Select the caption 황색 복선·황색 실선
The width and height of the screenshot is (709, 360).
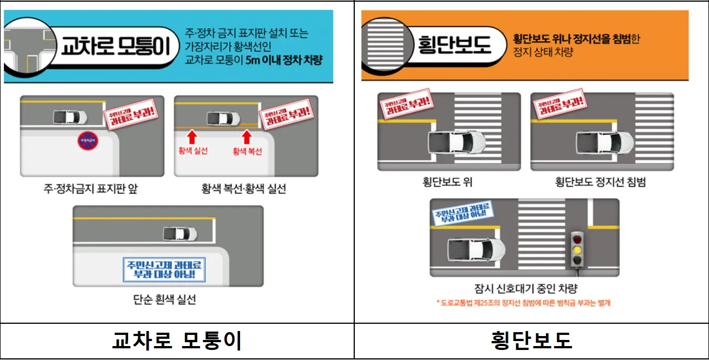pos(244,188)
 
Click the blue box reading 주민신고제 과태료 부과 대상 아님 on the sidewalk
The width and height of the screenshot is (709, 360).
pos(164,269)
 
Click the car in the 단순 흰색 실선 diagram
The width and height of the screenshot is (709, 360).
pos(180,233)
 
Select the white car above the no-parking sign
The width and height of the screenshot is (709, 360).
pos(70,118)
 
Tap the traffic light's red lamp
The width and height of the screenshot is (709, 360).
pos(577,239)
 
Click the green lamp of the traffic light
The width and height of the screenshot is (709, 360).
pos(577,260)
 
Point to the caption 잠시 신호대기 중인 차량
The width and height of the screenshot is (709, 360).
pos(525,288)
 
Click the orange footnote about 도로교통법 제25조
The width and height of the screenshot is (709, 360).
pos(524,303)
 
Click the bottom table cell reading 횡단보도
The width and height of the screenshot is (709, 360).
pos(531,340)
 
